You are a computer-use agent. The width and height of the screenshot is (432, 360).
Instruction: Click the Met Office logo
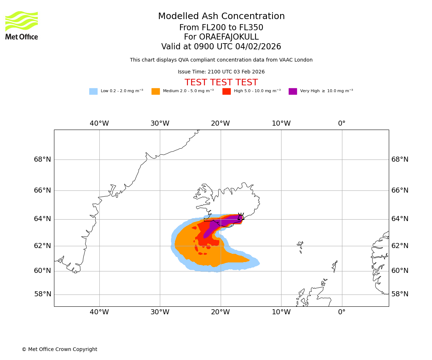coord(22,25)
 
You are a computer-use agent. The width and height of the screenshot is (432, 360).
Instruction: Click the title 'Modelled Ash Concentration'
coord(221,17)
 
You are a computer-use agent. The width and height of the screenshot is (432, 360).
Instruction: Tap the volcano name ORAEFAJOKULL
coord(221,37)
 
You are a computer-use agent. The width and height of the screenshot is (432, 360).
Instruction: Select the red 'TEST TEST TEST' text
coord(221,83)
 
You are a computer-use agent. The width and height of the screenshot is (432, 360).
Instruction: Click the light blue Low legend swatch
coord(93,91)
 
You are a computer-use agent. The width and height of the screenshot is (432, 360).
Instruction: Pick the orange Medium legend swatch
coord(156,91)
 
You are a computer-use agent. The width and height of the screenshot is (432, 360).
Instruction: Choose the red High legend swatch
coord(226,91)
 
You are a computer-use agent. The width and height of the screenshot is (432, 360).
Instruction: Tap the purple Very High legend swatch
coord(293,91)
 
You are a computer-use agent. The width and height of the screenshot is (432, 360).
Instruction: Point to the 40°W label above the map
coord(99,123)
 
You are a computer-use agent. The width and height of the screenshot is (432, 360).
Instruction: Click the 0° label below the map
coord(342,312)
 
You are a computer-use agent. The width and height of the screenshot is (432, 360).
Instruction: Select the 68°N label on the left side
coord(42,159)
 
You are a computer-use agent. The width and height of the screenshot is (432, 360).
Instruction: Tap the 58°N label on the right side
coord(400,294)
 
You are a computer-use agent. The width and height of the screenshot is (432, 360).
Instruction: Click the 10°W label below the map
coord(281,312)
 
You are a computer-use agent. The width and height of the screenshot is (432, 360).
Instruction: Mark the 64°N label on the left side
coord(42,219)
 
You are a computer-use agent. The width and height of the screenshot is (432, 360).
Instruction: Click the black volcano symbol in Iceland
coord(240,217)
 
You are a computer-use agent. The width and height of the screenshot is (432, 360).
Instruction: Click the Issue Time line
coord(221,72)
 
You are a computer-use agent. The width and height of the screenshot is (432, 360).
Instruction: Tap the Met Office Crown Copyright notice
coord(59,350)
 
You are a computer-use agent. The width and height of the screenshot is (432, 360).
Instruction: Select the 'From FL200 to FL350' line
coord(221,28)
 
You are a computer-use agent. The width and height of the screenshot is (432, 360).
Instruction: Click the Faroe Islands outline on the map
coord(300,246)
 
